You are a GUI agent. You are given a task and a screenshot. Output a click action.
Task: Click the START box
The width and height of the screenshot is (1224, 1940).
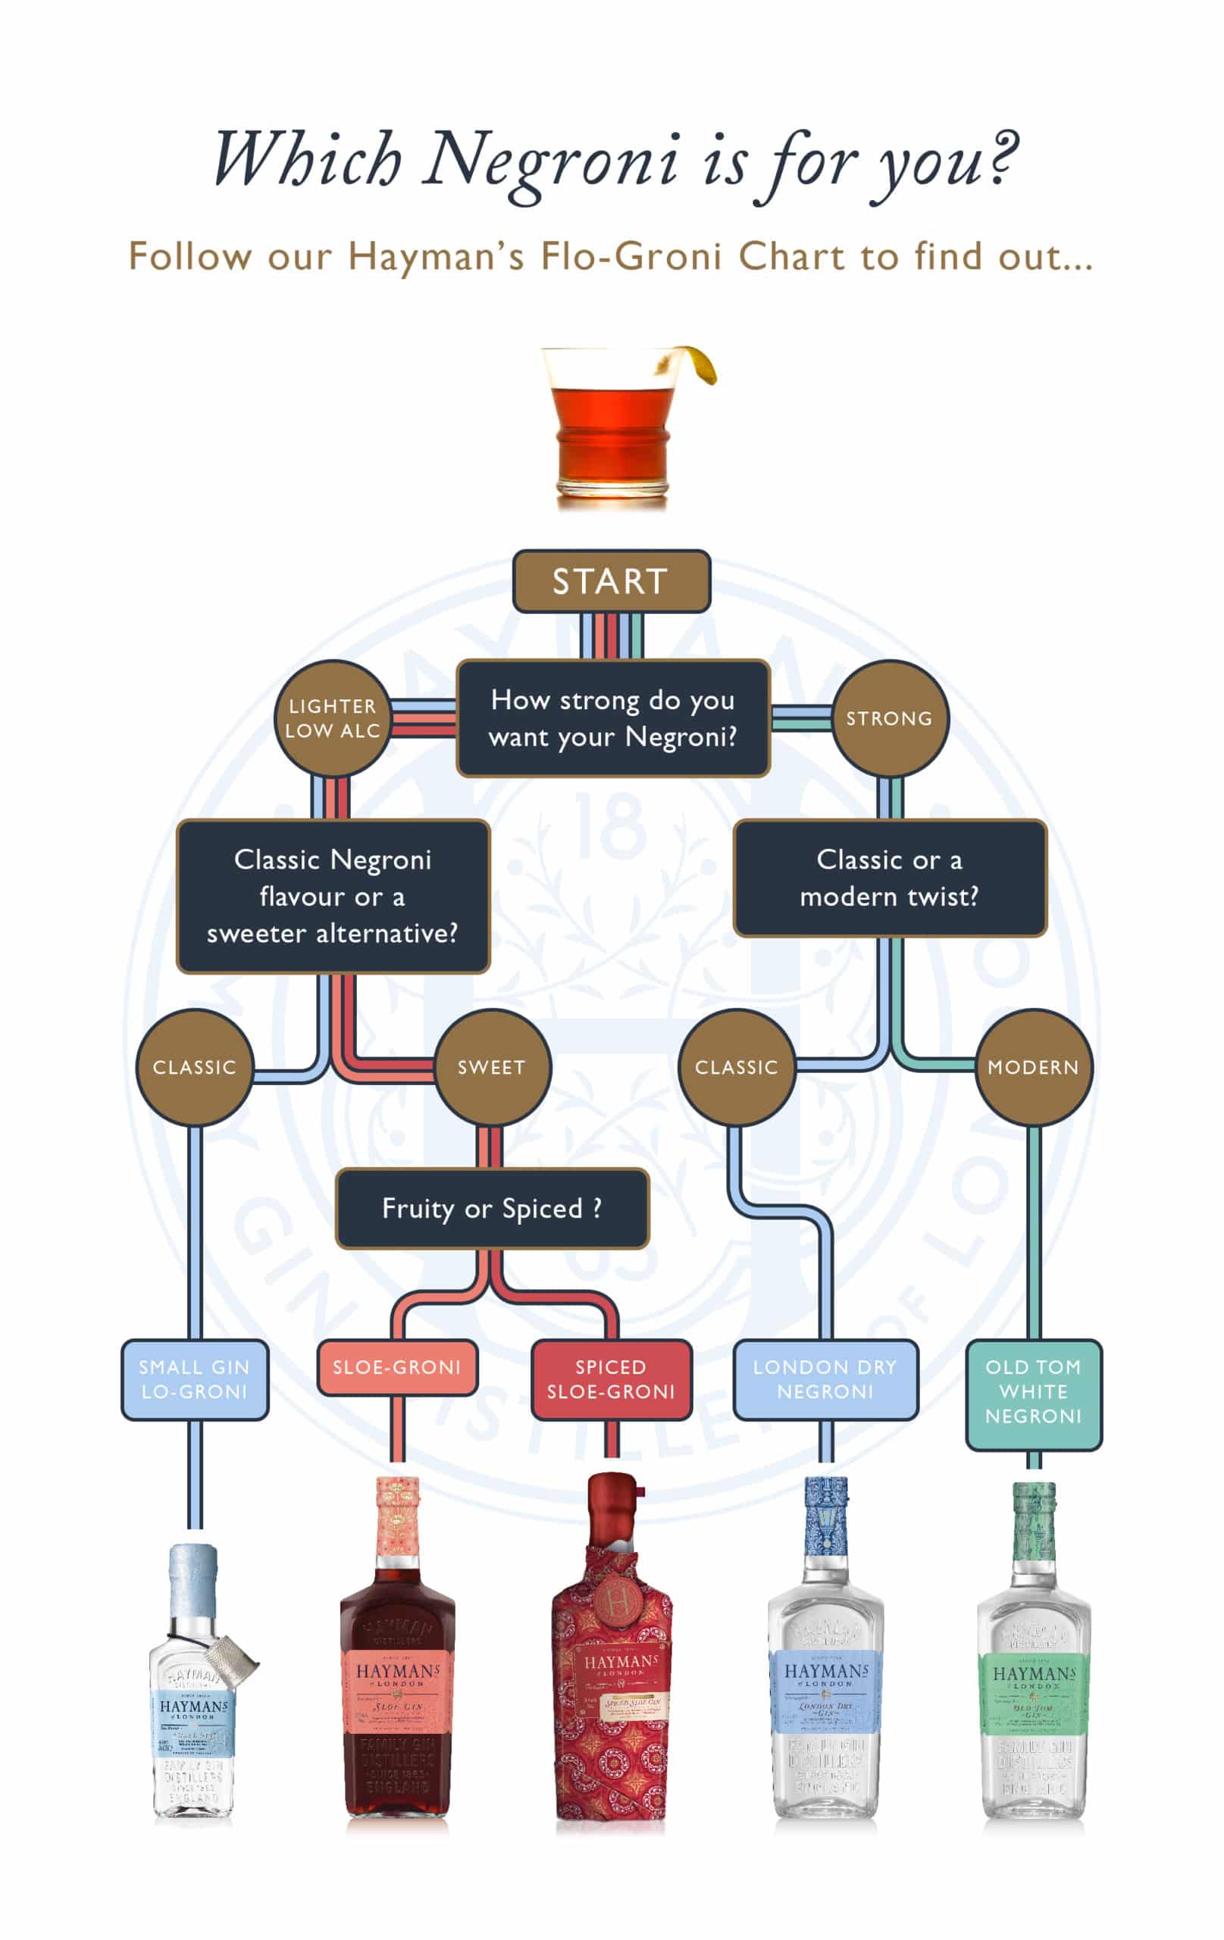click(611, 581)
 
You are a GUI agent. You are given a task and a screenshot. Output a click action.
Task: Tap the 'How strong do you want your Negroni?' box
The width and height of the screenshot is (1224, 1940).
click(612, 718)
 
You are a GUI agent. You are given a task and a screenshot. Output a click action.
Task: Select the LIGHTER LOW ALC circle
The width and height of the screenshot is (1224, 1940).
click(332, 718)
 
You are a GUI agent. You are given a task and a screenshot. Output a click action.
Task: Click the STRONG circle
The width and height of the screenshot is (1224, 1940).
click(889, 718)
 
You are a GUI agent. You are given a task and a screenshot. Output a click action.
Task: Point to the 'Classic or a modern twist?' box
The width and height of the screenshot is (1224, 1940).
click(889, 878)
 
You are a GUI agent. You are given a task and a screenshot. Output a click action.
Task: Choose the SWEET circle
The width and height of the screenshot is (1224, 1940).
click(492, 1067)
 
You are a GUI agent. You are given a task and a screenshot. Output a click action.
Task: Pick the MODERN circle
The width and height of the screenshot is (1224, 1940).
click(1033, 1067)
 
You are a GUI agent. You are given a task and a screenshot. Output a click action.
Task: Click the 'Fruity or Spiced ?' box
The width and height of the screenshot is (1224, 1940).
click(492, 1208)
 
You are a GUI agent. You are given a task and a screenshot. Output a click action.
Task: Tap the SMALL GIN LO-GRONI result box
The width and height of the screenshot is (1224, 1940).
click(194, 1378)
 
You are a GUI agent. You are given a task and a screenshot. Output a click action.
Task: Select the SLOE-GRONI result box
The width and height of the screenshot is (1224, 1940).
click(397, 1367)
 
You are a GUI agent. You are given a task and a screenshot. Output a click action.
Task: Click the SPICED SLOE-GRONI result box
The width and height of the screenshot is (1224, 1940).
click(611, 1378)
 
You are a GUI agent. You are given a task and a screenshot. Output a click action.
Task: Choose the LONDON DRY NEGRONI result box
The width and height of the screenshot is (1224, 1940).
click(825, 1378)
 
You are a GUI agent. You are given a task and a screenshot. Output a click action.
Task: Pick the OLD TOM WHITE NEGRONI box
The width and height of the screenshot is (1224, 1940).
click(1033, 1391)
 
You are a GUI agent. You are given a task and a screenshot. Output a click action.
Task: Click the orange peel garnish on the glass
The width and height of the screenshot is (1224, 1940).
click(698, 362)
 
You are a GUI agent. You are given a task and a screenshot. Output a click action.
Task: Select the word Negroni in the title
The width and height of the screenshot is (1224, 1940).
click(551, 161)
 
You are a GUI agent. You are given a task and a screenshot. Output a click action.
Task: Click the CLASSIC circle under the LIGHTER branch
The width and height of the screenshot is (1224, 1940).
click(194, 1067)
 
